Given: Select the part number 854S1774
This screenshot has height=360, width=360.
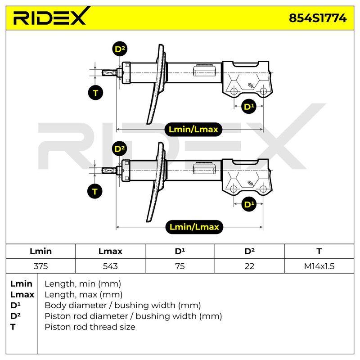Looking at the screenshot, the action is coord(318,18).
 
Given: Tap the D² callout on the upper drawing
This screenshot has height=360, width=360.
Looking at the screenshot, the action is coord(120,49).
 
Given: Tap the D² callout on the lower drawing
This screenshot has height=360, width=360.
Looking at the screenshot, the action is coord(119,149).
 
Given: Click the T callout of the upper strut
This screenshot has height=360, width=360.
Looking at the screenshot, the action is coord(95,93).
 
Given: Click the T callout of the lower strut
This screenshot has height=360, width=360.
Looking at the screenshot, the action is coord(95,191).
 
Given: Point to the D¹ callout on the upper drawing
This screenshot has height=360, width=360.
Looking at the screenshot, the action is coord(249,106).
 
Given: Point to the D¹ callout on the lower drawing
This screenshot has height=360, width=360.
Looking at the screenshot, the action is coord(249,204).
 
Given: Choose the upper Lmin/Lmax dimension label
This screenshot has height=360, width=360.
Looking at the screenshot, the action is coord(193,129).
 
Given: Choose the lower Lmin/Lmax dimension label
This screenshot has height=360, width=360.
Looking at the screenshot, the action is coord(194,227).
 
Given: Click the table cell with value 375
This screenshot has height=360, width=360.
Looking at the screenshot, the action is coord(40,266).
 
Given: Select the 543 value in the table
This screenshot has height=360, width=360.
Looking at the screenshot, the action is coord(110,266).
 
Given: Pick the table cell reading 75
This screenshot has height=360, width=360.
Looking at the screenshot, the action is coord(180,266).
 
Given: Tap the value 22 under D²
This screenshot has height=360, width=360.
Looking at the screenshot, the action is coord(249,266).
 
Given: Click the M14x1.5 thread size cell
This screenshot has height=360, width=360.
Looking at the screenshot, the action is coord(319,266).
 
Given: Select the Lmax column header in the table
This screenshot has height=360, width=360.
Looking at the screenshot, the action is coord(110,251).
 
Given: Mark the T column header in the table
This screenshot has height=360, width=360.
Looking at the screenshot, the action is coord(319,251).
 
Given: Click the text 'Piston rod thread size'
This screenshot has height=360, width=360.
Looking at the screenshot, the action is coord(90,327).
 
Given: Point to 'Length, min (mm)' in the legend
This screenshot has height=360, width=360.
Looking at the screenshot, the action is coord(83,284).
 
